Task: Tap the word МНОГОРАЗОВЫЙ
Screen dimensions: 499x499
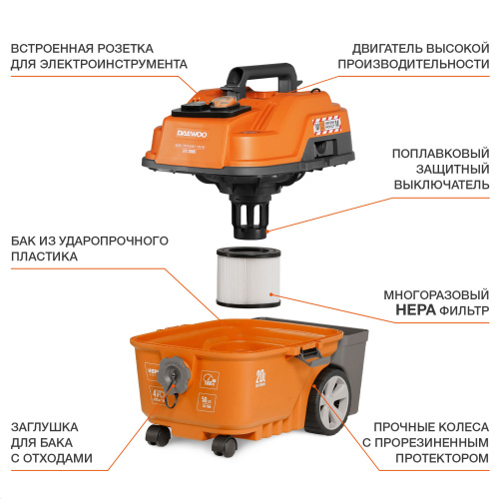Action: tap(425, 295)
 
